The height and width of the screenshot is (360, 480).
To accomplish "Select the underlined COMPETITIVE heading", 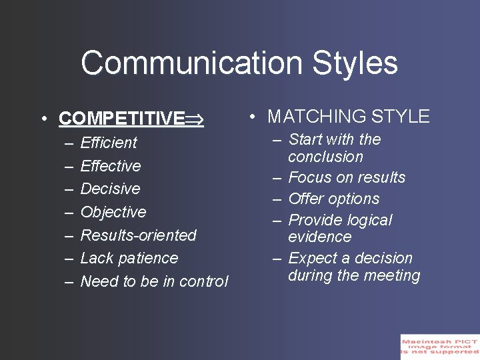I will click(122, 119).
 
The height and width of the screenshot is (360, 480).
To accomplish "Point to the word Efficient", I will click(109, 143).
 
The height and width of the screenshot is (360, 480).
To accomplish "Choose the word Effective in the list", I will click(111, 166).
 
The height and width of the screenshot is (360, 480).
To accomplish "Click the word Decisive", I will click(110, 189).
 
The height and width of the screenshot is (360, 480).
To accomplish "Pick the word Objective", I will click(113, 212).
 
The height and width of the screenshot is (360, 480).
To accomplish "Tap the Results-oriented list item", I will click(138, 235).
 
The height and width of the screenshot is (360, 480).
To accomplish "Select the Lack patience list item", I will click(129, 258).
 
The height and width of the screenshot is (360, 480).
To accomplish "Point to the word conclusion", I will click(325, 157).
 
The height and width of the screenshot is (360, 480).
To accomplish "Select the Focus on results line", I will click(347, 177).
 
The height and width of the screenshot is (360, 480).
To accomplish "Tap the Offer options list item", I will click(333, 199).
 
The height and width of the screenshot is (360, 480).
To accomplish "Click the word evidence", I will click(319, 237).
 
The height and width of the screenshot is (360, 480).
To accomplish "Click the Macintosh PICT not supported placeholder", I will click(439, 347).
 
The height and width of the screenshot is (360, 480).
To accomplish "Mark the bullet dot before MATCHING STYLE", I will click(253, 117).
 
